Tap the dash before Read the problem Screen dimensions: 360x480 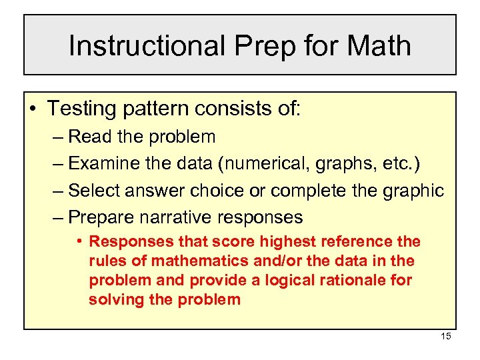pos(57,137)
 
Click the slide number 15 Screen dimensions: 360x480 pos(445,336)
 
